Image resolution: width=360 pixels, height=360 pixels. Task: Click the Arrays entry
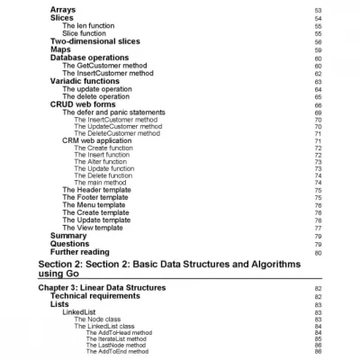coord(62,9)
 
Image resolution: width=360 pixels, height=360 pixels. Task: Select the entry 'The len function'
coord(88,25)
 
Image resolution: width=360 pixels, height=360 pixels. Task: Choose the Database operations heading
coord(89,58)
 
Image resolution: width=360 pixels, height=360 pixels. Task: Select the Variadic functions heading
coord(84,81)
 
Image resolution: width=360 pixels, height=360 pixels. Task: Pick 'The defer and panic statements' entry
coord(113,112)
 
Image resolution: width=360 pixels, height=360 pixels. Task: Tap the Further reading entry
coord(80,252)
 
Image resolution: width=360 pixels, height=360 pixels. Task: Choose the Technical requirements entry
coord(100,295)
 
